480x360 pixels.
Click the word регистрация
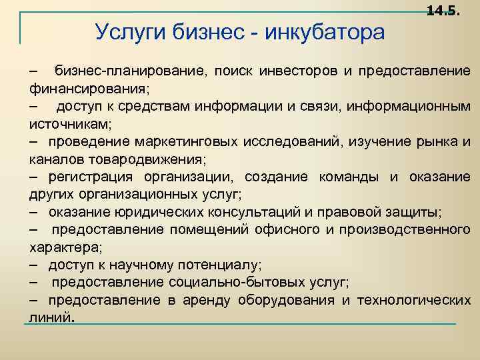[x=91, y=177]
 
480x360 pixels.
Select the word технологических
[x=414, y=301]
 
